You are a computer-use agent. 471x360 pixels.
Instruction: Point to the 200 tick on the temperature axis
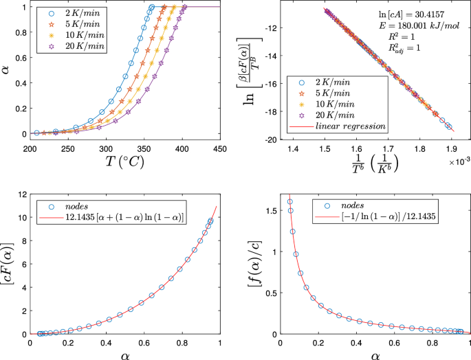(x=30, y=149)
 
